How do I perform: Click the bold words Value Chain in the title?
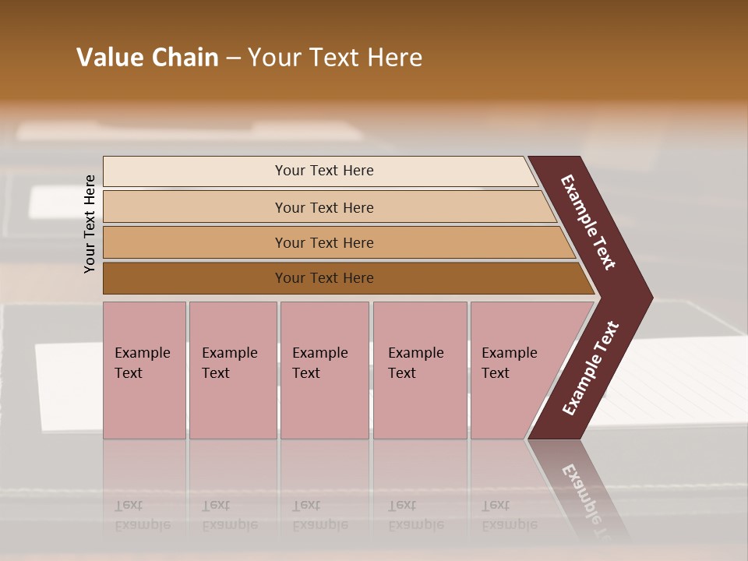coord(147,58)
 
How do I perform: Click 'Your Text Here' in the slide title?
coord(335,58)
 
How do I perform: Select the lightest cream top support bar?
coord(323,171)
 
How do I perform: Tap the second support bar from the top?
coord(323,207)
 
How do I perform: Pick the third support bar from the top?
coord(323,242)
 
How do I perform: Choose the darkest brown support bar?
coord(323,278)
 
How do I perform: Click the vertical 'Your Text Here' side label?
coord(90,224)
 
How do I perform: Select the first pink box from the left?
coord(144,370)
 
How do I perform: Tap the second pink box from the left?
coord(232,370)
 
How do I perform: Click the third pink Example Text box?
coord(324,370)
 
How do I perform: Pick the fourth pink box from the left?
coord(419,370)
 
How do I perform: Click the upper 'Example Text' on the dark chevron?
coord(589,222)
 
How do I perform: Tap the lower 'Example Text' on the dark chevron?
coord(591,369)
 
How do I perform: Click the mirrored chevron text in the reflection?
coord(589,499)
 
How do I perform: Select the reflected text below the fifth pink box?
coord(509,515)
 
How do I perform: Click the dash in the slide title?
coord(233,58)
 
